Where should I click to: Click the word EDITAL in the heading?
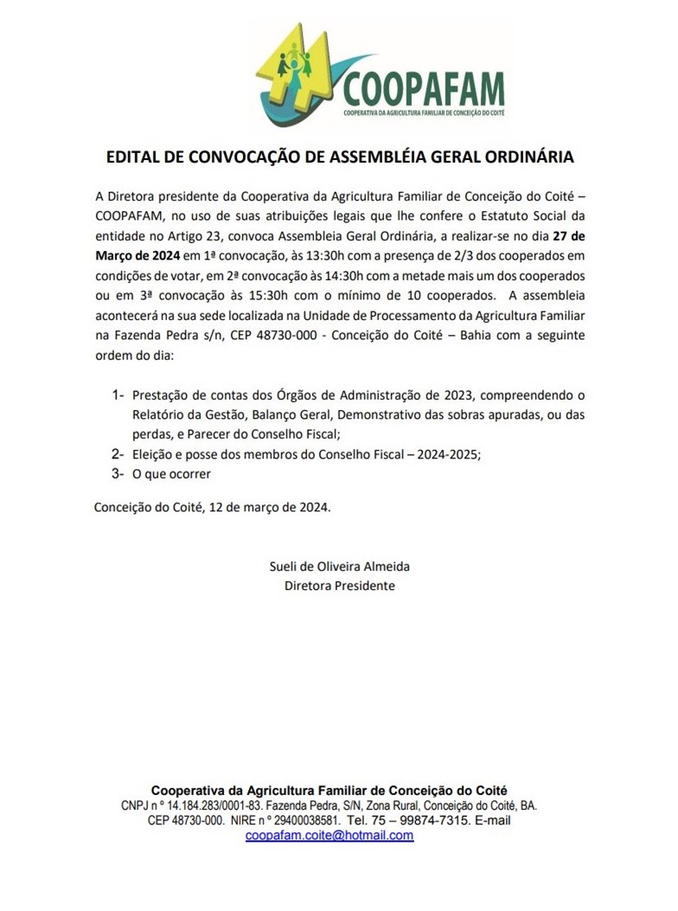click(x=131, y=158)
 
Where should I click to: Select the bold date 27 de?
click(x=569, y=236)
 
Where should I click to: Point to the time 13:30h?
click(x=301, y=255)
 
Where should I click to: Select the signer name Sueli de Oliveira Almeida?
click(x=340, y=567)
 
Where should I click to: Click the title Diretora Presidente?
click(x=340, y=586)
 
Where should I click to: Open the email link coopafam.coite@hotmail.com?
click(x=329, y=836)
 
